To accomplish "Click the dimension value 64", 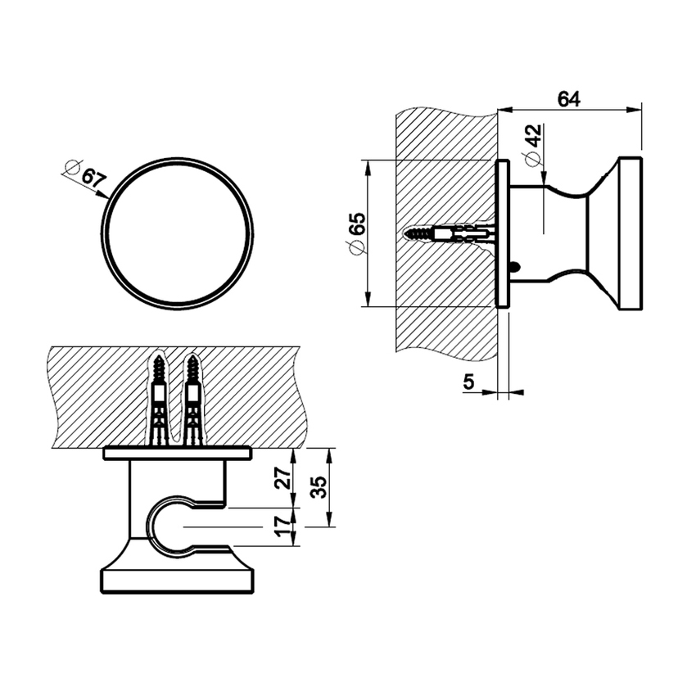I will click(568, 98).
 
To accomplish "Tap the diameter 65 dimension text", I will click(355, 234).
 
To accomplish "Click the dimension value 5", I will click(468, 381).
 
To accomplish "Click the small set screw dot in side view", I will click(513, 266).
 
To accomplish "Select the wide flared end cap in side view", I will click(627, 233).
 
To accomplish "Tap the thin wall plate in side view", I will click(503, 233).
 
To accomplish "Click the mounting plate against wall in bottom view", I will click(176, 453).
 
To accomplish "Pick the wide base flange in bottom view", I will click(176, 579).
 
